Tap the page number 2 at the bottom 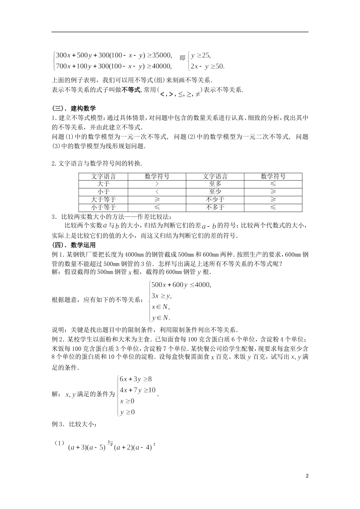tap(307, 476)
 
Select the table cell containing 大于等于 tap(103, 200)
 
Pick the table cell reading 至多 tap(215, 184)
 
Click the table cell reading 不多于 tap(215, 208)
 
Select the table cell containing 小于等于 tap(103, 208)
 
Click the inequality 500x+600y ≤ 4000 tap(181, 285)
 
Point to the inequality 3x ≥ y tap(161, 296)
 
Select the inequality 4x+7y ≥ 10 tap(137, 390)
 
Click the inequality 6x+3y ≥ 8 tap(135, 379)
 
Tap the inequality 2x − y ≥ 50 tap(207, 66)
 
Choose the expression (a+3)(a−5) tap(87, 447)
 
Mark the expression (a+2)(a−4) tap(133, 447)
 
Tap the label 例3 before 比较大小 tap(57, 425)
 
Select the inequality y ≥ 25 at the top tap(200, 55)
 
